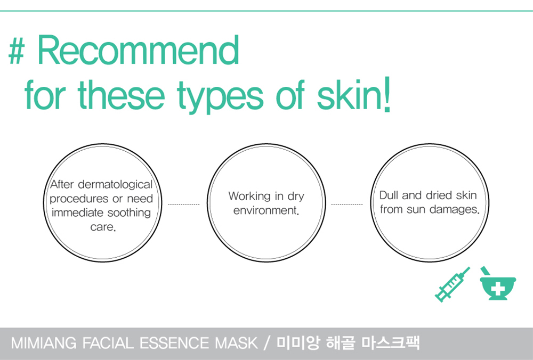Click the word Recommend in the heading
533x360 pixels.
pos(138,50)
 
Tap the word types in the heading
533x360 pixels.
pos(220,96)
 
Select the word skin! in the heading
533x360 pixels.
pos(354,93)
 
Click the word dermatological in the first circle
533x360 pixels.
pos(115,185)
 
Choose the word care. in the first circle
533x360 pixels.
pos(103,227)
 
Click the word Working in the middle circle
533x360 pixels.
pos(249,197)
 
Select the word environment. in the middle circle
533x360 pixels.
pos(266,210)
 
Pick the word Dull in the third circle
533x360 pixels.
pos(389,195)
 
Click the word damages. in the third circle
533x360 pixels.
pos(454,209)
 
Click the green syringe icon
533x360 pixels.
pos(453,284)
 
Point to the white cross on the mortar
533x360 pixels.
pos(498,289)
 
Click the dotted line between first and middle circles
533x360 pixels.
pos(184,204)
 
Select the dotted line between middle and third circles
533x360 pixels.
pos(347,204)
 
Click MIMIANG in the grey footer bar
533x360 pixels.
pos(44,343)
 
